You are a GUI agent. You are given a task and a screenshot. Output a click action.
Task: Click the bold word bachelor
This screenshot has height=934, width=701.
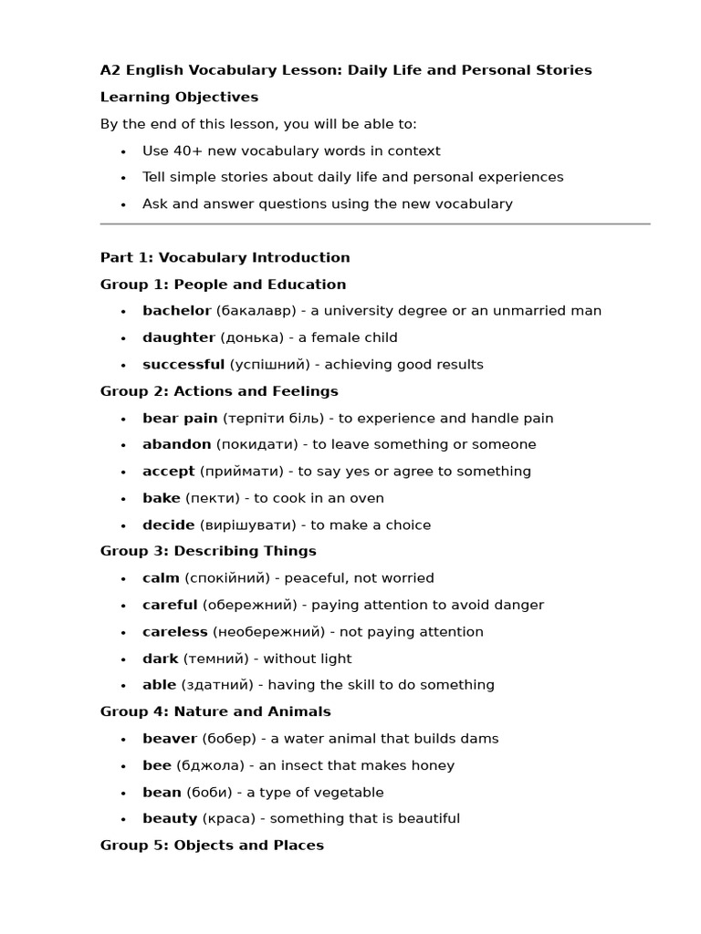[176, 311]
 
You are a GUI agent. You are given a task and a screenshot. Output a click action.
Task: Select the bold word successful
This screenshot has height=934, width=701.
[183, 365]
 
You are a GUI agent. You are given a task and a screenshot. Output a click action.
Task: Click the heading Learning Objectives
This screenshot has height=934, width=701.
[179, 98]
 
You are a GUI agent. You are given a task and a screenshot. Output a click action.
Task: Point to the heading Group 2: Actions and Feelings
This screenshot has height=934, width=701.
[219, 391]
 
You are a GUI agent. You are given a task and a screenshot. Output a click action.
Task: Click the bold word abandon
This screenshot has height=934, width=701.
[176, 445]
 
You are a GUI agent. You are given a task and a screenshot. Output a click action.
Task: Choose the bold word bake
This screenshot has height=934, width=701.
[161, 499]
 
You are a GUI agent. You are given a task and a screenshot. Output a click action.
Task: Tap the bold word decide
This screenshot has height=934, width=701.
[168, 525]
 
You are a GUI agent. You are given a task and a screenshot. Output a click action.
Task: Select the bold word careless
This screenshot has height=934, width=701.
[174, 632]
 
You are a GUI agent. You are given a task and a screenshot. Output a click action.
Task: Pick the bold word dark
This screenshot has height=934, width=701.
[160, 659]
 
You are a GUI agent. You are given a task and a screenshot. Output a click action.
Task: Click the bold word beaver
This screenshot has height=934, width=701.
[169, 739]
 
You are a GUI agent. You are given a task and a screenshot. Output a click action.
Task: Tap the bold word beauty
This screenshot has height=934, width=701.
[170, 819]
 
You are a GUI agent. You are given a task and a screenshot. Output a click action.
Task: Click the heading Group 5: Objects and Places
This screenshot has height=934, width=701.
[212, 846]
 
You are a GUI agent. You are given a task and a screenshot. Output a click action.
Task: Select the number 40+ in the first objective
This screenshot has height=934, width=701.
[189, 151]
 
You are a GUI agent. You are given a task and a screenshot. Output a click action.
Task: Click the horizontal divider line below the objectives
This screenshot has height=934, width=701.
[374, 223]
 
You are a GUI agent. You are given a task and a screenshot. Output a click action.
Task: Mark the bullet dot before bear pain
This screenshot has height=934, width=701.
[123, 420]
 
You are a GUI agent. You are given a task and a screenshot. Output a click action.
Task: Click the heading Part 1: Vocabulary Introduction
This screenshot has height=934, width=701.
[225, 258]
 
